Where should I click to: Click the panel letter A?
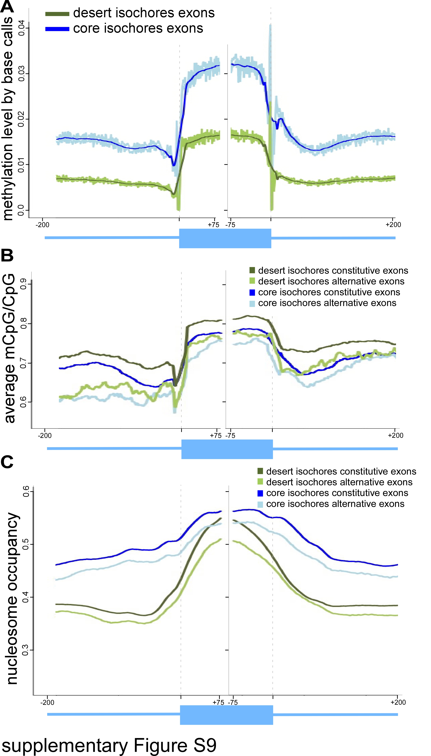[x=7, y=6]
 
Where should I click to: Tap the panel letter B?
[x=7, y=255]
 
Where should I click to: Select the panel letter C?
[x=7, y=462]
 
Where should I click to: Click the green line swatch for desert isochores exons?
[x=57, y=14]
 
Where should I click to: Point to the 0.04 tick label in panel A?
[x=21, y=28]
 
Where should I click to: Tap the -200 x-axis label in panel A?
[x=42, y=225]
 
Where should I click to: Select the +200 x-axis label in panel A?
[x=393, y=225]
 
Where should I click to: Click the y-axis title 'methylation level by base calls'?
[x=8, y=119]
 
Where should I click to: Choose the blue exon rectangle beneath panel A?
[x=225, y=238]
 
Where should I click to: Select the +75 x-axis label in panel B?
[x=215, y=436]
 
